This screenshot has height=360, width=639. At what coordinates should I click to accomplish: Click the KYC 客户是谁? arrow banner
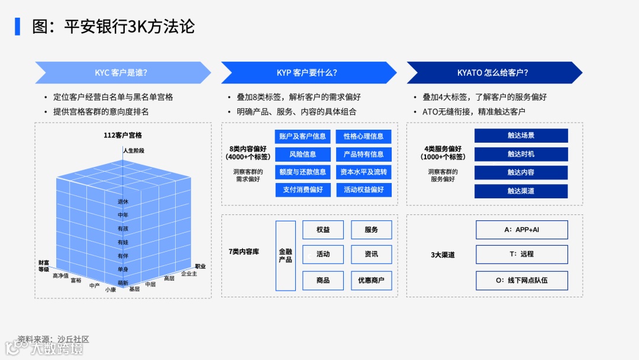[122, 73]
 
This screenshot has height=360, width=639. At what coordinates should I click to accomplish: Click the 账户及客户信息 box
[303, 136]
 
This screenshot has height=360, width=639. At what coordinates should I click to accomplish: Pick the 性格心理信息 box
[363, 136]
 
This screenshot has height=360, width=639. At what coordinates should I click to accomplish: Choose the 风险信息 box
[303, 154]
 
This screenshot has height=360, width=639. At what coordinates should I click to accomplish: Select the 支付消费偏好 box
[303, 190]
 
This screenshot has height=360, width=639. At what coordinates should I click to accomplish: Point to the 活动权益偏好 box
[363, 190]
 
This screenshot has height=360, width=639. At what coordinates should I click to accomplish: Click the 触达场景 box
[521, 136]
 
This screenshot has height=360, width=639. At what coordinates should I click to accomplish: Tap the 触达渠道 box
[521, 191]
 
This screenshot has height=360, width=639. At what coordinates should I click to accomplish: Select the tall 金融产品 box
[286, 256]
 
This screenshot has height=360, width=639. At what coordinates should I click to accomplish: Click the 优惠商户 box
[371, 280]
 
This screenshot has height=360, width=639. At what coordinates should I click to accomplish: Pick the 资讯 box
[371, 254]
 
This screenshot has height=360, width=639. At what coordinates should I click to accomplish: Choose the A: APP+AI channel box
[521, 230]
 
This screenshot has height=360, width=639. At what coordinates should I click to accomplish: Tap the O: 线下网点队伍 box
[521, 280]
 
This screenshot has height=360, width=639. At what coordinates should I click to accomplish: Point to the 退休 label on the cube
[123, 201]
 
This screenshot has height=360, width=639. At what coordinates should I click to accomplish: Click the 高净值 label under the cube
[60, 275]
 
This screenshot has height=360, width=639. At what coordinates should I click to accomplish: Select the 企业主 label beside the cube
[189, 274]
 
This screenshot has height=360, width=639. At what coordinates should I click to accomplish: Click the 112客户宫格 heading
[122, 136]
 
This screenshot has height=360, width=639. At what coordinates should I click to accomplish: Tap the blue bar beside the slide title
[18, 27]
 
